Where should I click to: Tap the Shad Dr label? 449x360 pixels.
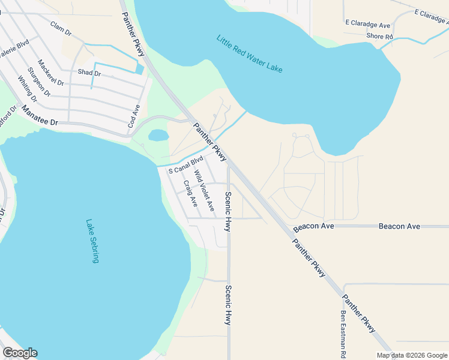pos(89,73)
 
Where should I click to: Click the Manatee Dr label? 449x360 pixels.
pos(39,116)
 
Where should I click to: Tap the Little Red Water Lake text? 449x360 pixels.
pos(249,54)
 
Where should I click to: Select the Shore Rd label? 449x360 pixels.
pos(379,37)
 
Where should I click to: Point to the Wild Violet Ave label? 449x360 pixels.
pos(204,190)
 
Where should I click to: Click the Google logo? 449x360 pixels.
pos(20,353)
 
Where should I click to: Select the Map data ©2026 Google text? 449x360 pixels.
pos(412,355)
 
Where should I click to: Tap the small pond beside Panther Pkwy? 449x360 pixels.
pos(157,135)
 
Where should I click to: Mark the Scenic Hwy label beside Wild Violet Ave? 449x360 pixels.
pos(228,211)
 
